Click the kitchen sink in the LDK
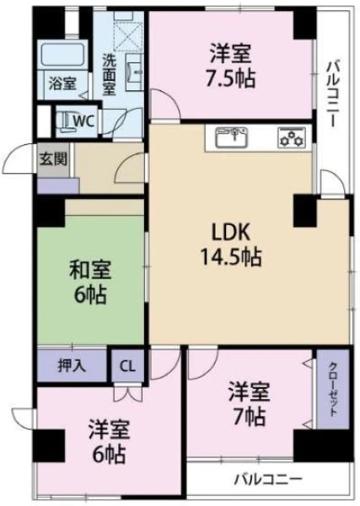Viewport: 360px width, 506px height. (232, 137)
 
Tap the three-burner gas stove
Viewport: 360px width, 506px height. (292, 137)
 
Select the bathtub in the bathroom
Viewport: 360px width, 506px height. (63, 55)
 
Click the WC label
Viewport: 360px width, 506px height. (83, 121)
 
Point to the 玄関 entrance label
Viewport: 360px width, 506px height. (54, 159)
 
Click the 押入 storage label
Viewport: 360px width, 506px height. (72, 366)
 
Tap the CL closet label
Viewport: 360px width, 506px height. (128, 366)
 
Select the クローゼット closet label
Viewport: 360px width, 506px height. (333, 389)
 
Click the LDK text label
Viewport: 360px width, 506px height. (231, 233)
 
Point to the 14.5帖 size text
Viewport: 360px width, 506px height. (231, 256)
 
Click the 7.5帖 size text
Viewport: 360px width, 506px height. (231, 78)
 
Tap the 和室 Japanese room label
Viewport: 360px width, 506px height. (90, 270)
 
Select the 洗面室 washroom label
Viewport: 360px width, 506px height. (110, 74)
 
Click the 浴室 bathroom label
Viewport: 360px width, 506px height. (62, 83)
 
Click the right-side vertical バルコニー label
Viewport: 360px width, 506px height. (334, 94)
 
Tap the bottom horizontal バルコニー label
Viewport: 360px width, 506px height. (268, 480)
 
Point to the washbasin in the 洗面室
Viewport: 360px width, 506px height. (134, 72)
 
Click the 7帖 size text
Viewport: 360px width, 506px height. (250, 417)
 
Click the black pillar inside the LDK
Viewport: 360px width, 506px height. (305, 211)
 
